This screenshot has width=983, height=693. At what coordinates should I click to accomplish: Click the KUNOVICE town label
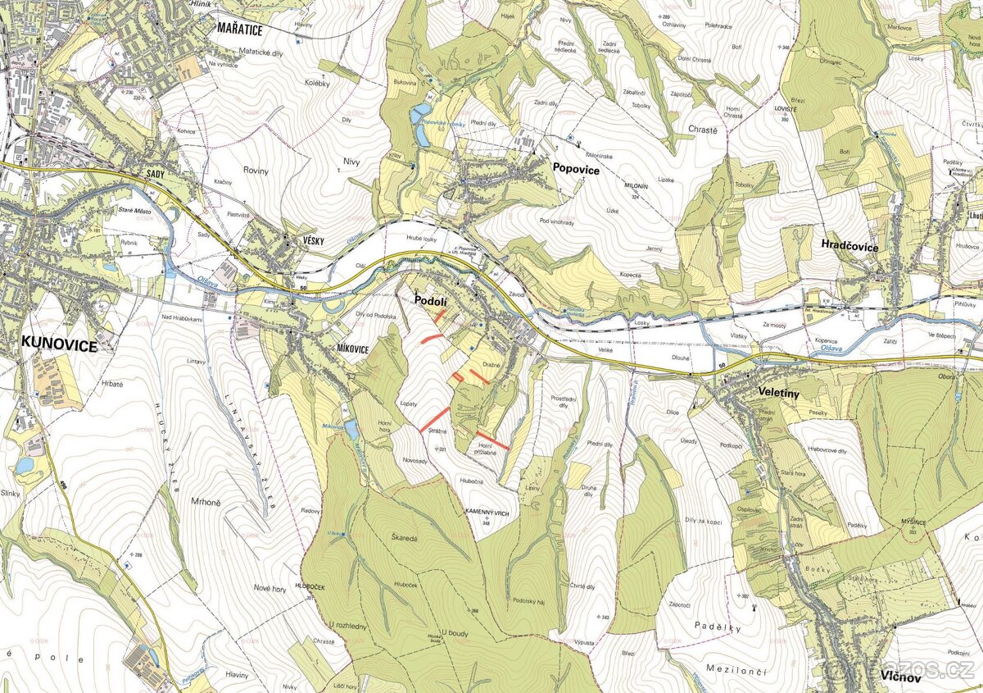point(59,345)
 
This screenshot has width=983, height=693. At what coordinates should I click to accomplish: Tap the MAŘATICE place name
point(239,29)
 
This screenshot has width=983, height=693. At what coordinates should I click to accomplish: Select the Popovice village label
point(576,170)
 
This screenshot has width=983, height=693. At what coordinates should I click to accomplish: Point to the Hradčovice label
point(849,246)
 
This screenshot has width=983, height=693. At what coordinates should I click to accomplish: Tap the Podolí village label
point(429,301)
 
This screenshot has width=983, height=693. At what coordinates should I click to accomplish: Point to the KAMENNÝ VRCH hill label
point(488,511)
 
